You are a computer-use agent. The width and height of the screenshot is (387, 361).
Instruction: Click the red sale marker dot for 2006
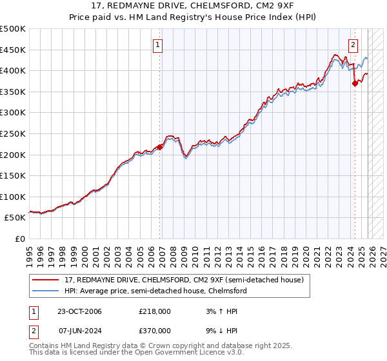(159, 147)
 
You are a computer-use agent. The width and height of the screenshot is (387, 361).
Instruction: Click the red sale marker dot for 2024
(355, 83)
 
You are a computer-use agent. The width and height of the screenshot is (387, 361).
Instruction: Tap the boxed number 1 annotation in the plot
(158, 44)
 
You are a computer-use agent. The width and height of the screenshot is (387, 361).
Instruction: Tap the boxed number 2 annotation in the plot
(353, 44)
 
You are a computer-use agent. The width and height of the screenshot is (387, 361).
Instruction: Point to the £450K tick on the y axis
(13, 50)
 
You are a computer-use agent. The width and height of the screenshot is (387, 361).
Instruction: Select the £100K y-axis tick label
(13, 197)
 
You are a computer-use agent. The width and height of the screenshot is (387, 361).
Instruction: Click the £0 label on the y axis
(19, 239)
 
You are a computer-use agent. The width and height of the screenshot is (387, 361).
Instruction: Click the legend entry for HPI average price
(155, 291)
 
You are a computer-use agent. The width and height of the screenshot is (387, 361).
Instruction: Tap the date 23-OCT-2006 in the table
(79, 311)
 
